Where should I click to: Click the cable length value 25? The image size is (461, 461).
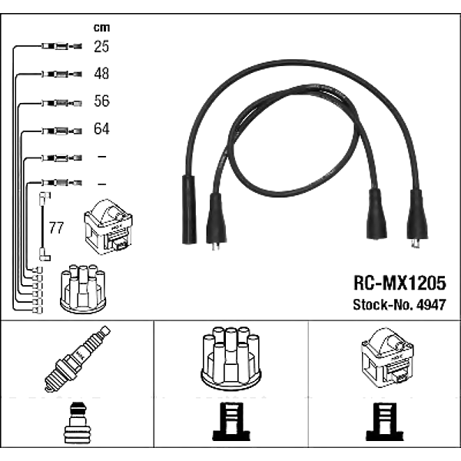[x=101, y=48]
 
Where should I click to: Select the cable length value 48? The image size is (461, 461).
[x=101, y=75]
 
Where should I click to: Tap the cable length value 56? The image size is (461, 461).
[x=101, y=101]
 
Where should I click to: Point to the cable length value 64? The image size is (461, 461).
[x=101, y=129]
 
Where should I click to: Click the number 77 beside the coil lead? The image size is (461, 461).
[x=56, y=228]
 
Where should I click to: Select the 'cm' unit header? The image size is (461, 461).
[x=101, y=28]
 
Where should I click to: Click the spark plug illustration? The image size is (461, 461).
[x=76, y=358]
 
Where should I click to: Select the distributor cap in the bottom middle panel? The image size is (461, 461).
[x=230, y=358]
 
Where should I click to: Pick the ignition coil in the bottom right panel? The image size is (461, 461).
[x=386, y=360]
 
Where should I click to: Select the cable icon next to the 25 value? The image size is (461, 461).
[x=58, y=48]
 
